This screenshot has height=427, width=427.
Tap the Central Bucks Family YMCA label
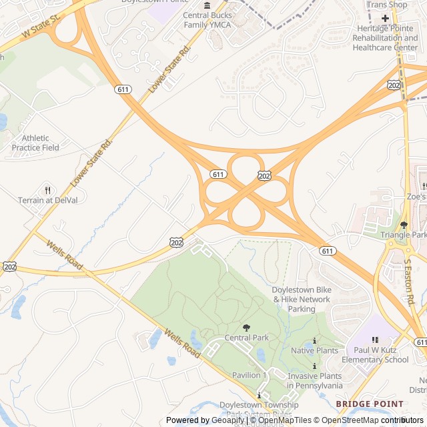click(207, 20)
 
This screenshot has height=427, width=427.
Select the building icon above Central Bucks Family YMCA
click(207, 5)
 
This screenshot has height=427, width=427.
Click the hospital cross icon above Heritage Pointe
click(385, 18)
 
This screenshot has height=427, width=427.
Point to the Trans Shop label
click(386, 5)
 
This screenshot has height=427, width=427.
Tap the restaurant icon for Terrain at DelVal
click(47, 190)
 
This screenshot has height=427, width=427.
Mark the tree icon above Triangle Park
click(403, 225)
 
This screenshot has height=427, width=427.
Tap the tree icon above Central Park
click(247, 328)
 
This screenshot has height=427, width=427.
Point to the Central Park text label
click(247, 338)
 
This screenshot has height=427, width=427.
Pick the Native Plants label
click(314, 351)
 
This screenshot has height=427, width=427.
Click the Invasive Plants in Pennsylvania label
click(314, 380)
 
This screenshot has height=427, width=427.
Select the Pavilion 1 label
click(250, 376)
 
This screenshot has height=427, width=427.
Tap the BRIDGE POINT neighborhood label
click(370, 404)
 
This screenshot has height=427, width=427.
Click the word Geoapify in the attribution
click(227, 420)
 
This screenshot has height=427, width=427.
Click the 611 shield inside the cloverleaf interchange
click(218, 174)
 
